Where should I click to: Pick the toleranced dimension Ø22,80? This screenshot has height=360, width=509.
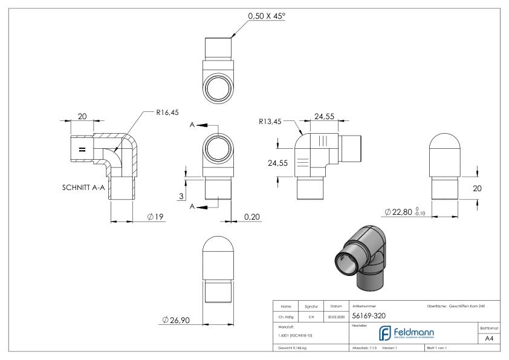[406, 212]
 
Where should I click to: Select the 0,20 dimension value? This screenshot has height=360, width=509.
[251, 217]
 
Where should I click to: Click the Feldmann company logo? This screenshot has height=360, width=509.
[408, 333]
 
